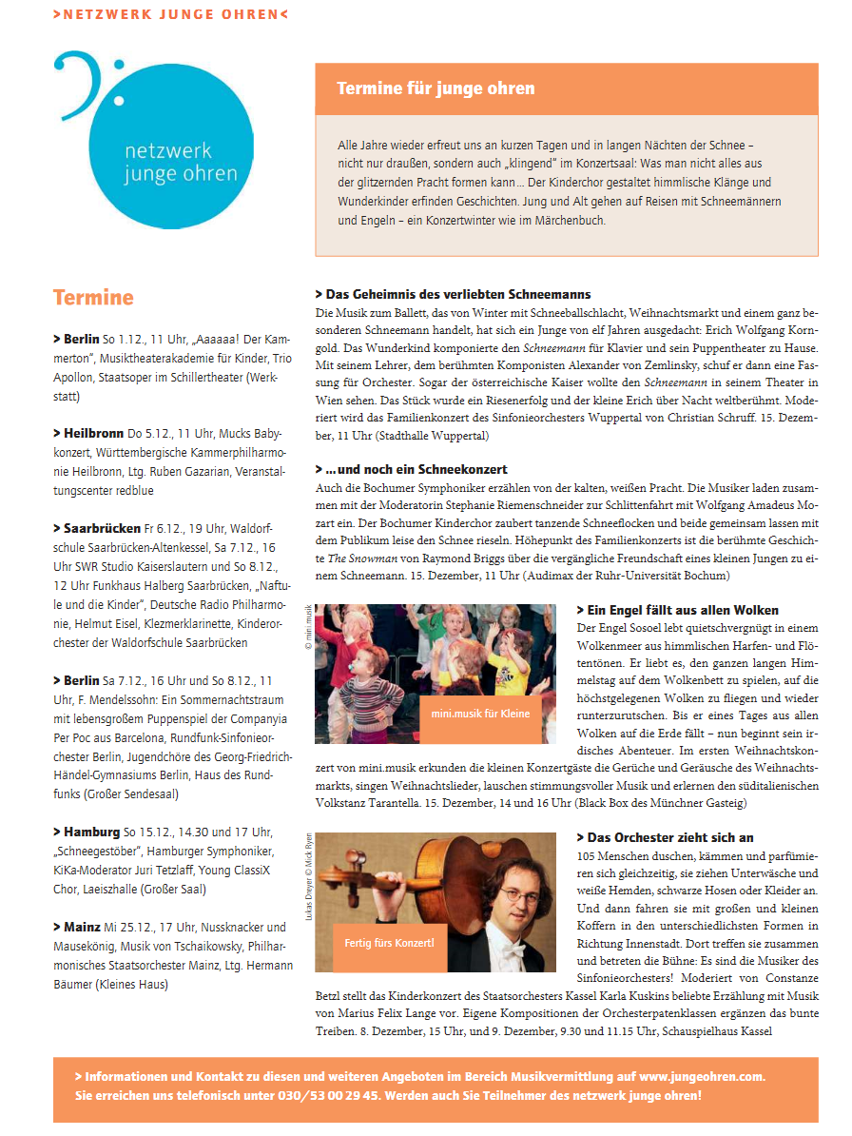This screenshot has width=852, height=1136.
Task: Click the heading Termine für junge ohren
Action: point(436,88)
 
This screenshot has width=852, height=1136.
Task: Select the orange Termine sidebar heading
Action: point(93,297)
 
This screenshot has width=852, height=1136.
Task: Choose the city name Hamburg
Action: point(92,832)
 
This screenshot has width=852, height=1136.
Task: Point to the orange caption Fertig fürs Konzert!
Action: point(389,942)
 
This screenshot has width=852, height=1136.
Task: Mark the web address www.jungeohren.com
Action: point(702,1076)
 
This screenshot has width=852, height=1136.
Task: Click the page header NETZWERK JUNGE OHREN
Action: point(170,14)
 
